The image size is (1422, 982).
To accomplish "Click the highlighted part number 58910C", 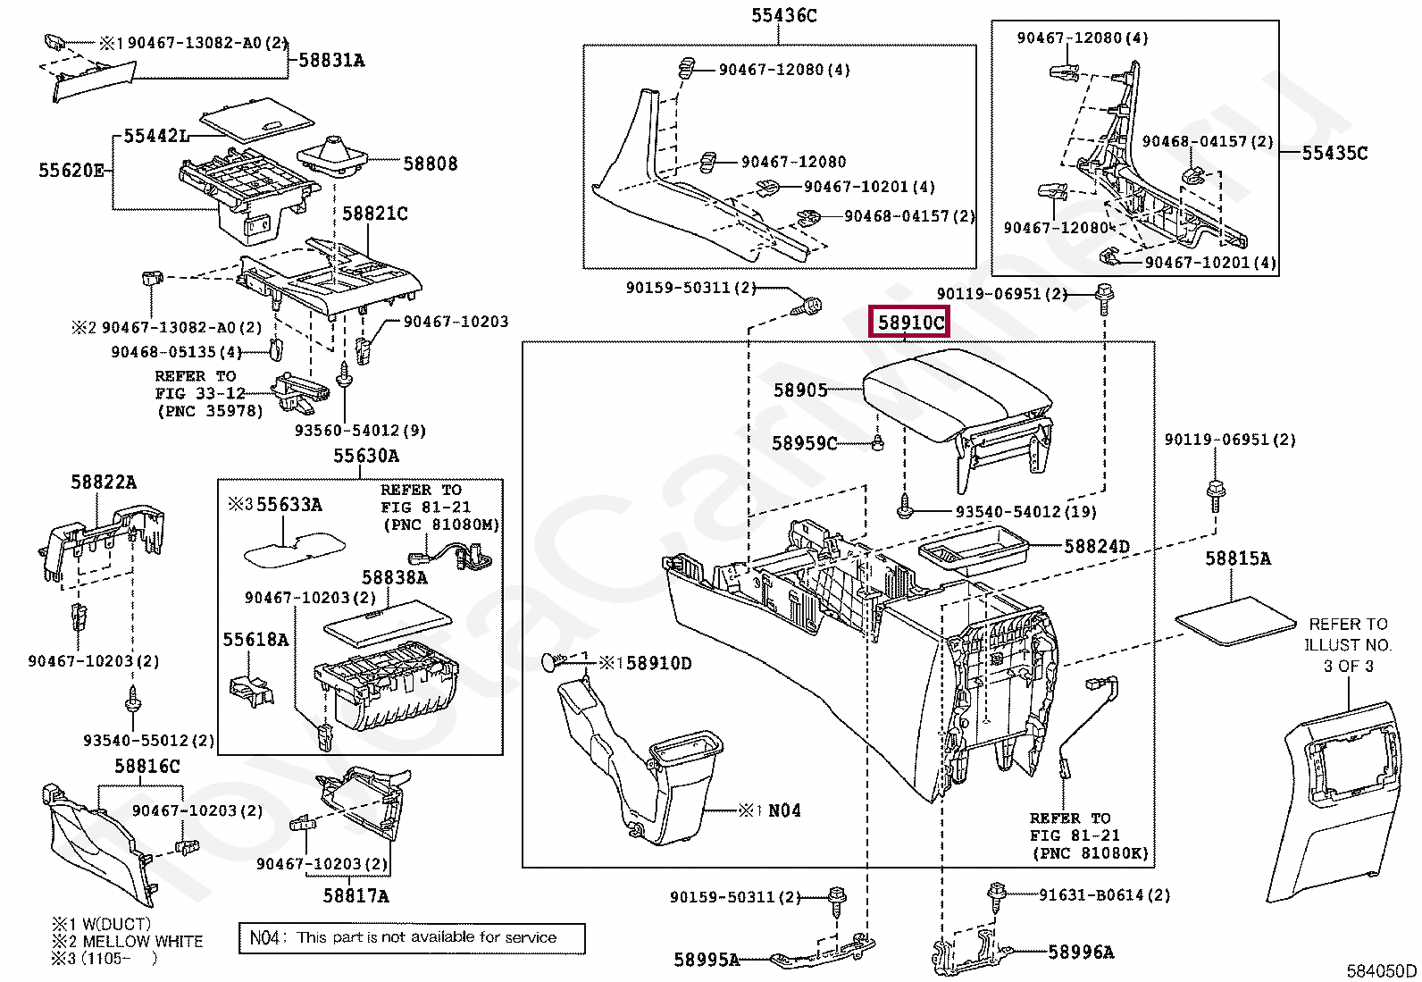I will pyautogui.click(x=909, y=322).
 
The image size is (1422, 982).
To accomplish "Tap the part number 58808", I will pyautogui.click(x=430, y=164).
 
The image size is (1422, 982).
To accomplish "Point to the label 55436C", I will pyautogui.click(x=782, y=15).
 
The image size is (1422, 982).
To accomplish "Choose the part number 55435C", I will pyautogui.click(x=1334, y=153).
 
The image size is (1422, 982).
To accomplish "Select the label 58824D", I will pyautogui.click(x=1097, y=546).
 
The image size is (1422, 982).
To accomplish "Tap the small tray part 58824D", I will pyautogui.click(x=974, y=547).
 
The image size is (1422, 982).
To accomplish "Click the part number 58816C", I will pyautogui.click(x=146, y=766).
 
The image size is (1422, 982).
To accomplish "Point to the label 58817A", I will pyautogui.click(x=355, y=894).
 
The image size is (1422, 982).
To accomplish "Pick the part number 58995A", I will pyautogui.click(x=707, y=960).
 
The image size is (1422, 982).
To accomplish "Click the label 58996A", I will pyautogui.click(x=1081, y=952).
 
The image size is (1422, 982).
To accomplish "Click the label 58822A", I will pyautogui.click(x=104, y=483).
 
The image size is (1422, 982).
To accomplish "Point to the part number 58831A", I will pyautogui.click(x=330, y=60).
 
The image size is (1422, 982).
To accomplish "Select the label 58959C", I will pyautogui.click(x=804, y=443).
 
